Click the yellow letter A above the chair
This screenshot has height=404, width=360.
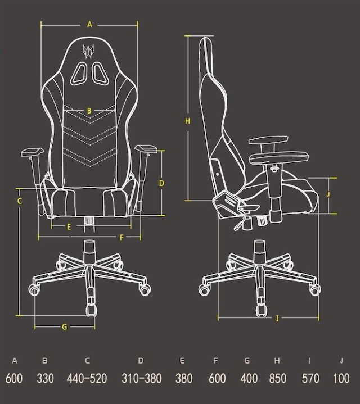point(89,25)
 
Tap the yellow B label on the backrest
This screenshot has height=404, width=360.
point(89,111)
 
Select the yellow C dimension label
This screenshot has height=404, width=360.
point(20,201)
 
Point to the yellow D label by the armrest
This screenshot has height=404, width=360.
point(161,183)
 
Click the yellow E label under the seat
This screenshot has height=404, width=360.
point(69,227)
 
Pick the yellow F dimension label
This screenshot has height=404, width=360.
point(122,238)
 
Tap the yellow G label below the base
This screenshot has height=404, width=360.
point(65,326)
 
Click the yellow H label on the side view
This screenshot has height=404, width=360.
point(188,121)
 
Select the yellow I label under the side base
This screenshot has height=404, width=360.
point(277,319)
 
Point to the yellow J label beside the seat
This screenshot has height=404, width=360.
point(328,194)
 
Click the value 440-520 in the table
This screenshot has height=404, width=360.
point(87,379)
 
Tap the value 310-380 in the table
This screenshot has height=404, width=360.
point(142,379)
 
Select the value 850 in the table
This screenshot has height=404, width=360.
point(278,379)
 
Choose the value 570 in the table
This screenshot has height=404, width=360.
point(310,379)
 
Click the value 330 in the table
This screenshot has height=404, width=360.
point(46,379)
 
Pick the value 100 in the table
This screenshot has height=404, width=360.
point(341,379)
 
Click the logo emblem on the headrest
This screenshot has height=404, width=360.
point(88,51)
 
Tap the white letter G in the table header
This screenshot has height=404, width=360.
point(247,361)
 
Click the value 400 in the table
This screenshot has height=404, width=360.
point(249,379)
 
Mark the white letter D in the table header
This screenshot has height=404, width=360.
point(141,361)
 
